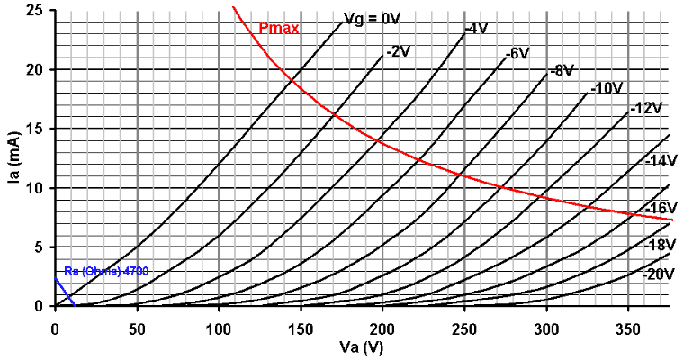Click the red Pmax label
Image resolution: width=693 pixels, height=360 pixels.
point(278,28)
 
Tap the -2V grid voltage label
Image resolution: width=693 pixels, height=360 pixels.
point(398,51)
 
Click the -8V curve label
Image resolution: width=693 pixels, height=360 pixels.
point(562,70)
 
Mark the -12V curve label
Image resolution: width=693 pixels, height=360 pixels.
point(645,108)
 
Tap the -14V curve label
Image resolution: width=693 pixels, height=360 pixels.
point(661,160)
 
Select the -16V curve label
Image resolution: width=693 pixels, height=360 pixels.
point(661,208)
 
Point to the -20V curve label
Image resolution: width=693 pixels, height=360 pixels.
point(659,274)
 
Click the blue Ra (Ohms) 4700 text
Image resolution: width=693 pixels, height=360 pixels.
point(106,271)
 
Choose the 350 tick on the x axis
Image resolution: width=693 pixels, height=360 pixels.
point(629,323)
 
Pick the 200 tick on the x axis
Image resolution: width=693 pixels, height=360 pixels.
point(383,323)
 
